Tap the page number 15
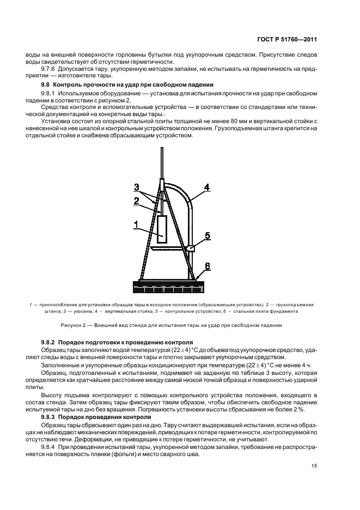coord(314,466)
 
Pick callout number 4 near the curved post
coord(207,187)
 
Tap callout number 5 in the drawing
coord(208,236)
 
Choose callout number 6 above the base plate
coord(208,265)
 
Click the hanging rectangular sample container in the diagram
coord(162,229)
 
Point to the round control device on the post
coord(192,248)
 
